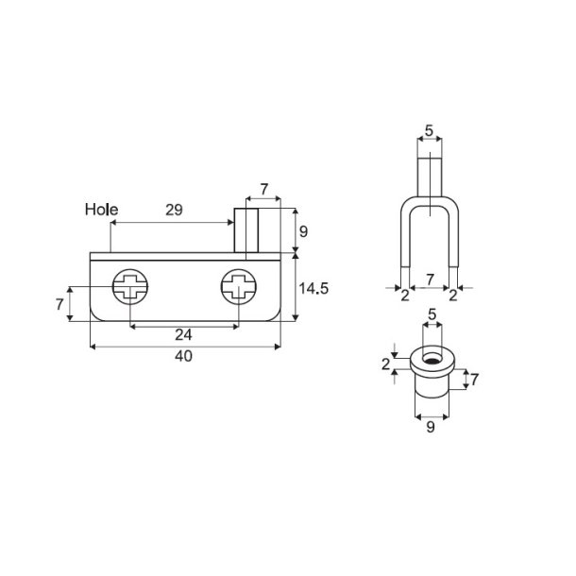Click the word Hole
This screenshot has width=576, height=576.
pos(100,209)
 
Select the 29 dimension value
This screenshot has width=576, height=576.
pos(174,209)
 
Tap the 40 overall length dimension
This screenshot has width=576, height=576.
pos(185,357)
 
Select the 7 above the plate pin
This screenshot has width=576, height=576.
pos(263,190)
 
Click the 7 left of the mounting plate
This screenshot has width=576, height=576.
pos(59,304)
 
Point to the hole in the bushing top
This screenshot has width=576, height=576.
pos(430,359)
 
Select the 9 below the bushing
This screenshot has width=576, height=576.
pos(430,427)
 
